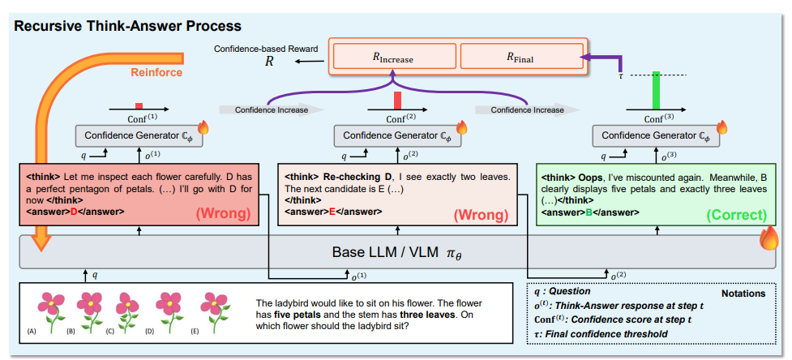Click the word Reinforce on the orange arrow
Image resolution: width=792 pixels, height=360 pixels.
click(x=156, y=73)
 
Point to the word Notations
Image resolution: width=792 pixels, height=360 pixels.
click(x=743, y=293)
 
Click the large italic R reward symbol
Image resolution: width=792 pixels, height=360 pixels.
click(x=270, y=62)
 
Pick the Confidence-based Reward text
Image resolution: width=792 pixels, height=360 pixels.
click(x=266, y=49)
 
